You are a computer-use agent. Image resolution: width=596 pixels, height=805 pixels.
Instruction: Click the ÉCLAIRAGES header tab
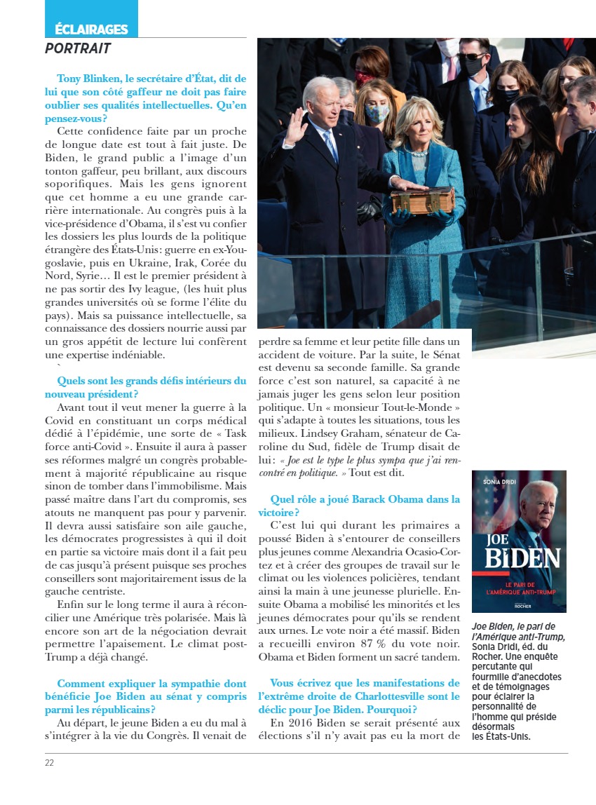[91, 29]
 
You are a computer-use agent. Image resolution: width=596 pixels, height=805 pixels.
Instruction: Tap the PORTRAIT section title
[78, 49]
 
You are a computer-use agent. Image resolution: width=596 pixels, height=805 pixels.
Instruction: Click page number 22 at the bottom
[50, 763]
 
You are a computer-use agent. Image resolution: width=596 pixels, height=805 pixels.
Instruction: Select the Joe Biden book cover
[519, 541]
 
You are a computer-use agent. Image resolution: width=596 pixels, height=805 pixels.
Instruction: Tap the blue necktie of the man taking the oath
[330, 143]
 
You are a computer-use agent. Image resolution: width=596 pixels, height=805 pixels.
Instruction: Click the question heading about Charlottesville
[358, 689]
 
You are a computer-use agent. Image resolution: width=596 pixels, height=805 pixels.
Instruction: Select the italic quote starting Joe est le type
[358, 466]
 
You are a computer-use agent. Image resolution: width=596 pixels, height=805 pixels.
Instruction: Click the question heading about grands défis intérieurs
[151, 387]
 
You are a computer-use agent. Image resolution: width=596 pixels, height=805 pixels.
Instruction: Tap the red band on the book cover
[519, 585]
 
